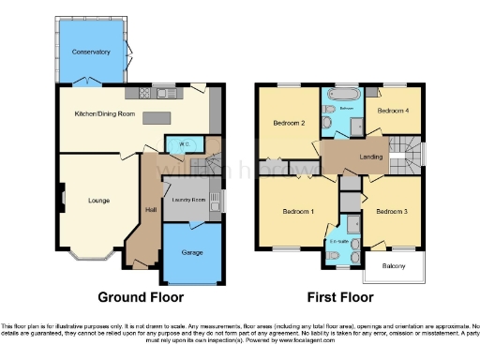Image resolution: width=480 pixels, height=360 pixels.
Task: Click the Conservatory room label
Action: point(92,52)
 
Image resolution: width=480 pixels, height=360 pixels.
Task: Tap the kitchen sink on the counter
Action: point(166,92)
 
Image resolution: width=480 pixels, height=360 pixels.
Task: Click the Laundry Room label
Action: point(188,199)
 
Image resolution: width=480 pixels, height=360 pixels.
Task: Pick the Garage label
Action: point(193,251)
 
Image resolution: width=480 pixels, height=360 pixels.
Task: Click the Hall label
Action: point(150,209)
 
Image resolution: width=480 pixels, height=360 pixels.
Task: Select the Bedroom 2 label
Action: point(290,123)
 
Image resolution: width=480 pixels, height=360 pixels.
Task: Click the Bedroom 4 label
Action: point(394,110)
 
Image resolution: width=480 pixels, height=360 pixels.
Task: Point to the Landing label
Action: point(370,157)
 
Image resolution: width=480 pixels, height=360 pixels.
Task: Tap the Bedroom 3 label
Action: point(392,212)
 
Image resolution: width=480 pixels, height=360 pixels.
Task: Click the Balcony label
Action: point(392,267)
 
